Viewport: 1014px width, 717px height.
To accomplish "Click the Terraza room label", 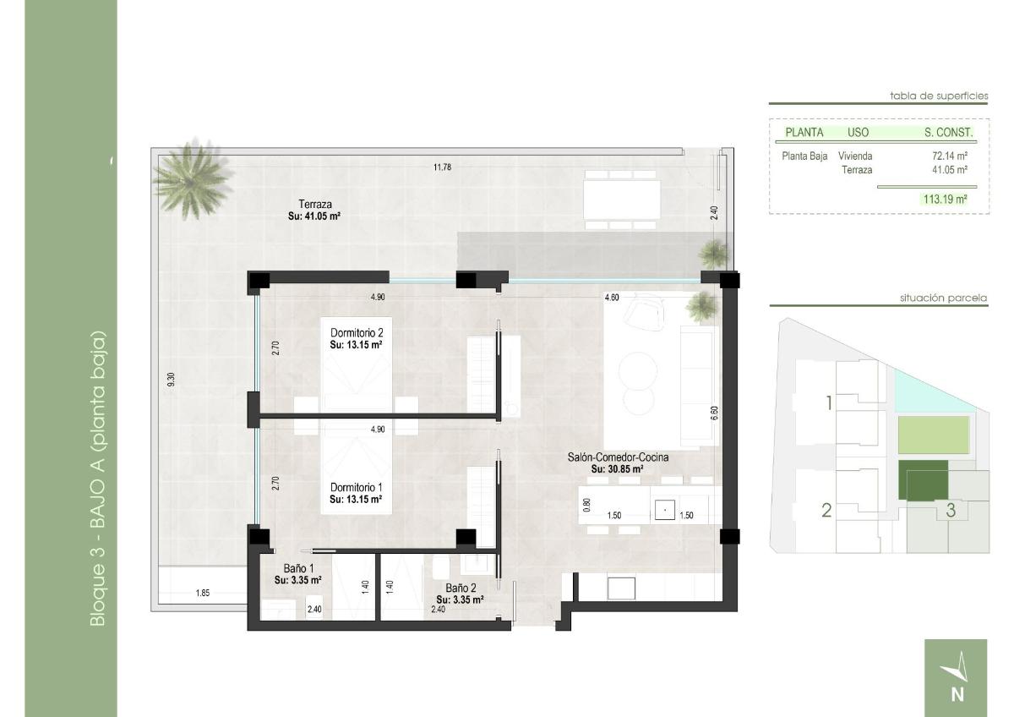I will coord(314,204).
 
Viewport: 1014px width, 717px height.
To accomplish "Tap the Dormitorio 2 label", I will coord(356,333).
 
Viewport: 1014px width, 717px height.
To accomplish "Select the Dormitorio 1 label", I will coord(356,488).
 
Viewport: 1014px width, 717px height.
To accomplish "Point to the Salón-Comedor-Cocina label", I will coord(618,457).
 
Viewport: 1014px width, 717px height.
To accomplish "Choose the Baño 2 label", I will coord(460,587).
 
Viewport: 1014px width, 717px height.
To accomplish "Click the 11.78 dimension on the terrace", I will coord(442,167).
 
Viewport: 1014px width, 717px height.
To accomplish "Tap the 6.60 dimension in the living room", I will coord(714,413).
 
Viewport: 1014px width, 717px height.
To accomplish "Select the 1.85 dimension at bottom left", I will coord(203,594).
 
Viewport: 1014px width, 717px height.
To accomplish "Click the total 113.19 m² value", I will coord(945,200).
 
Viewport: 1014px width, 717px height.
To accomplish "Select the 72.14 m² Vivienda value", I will coord(949,156).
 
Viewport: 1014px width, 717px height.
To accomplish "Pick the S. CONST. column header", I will coord(948,133).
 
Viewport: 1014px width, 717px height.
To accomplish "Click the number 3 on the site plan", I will coord(951,510).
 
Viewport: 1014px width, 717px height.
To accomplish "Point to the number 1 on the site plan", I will coord(829,402).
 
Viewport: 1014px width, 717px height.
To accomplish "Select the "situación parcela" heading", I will coord(944,298).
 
